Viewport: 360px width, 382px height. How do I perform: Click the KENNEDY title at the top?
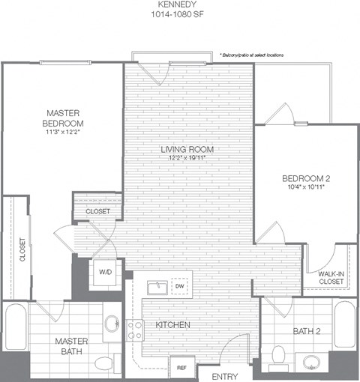tap(181, 4)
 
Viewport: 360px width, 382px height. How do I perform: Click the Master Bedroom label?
tap(62, 118)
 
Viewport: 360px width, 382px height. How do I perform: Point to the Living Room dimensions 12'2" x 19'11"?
tap(183, 158)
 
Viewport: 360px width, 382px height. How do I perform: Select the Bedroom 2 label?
tap(305, 178)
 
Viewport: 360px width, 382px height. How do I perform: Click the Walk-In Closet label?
tap(331, 279)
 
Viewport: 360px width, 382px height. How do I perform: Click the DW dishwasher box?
tap(179, 285)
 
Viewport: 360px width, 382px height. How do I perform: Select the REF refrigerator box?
tap(181, 367)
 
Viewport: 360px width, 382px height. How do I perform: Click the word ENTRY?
tap(225, 375)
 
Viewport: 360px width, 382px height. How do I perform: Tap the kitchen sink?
tap(158, 287)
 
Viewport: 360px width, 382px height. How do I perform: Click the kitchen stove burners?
tap(136, 330)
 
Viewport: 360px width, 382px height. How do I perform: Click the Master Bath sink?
tap(112, 324)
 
